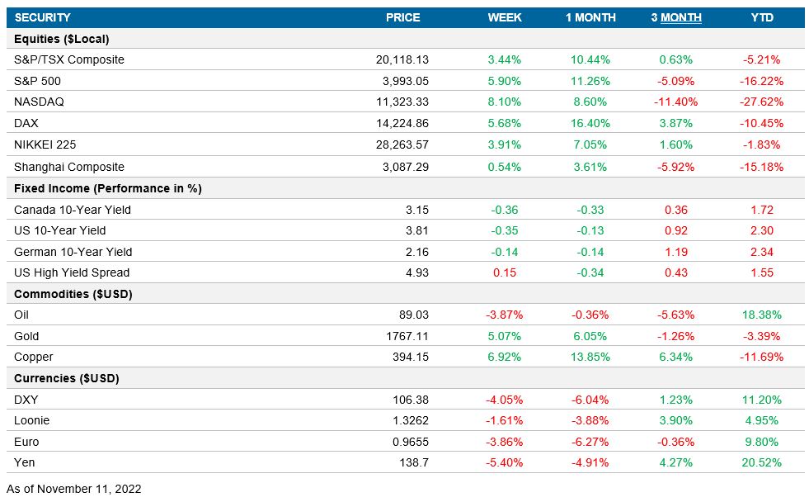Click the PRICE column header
[402, 17]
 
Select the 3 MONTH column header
[676, 17]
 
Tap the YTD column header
[762, 17]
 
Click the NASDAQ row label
[39, 102]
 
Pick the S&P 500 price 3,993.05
[402, 81]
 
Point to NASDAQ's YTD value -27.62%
[762, 102]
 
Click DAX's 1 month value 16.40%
[590, 123]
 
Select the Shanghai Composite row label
[69, 166]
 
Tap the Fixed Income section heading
[107, 188]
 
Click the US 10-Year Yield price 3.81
[417, 230]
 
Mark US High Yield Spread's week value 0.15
[505, 272]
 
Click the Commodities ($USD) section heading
[73, 294]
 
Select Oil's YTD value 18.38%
[762, 315]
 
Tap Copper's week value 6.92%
[505, 357]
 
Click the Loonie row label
[31, 420]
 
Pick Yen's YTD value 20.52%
[762, 462]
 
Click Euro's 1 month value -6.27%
[590, 442]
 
